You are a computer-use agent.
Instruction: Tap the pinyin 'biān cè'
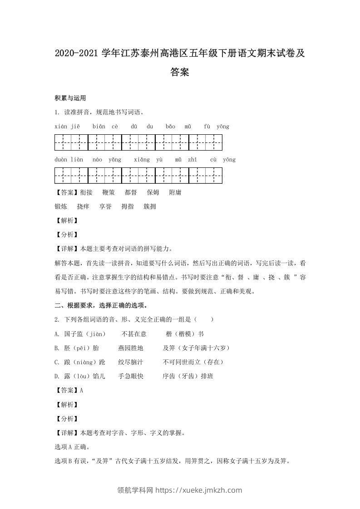coord(105,126)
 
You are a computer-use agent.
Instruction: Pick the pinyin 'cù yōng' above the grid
coord(223,160)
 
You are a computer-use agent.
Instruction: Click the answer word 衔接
coord(86,192)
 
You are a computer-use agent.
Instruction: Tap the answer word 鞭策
coord(109,192)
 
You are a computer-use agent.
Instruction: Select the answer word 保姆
coord(153,192)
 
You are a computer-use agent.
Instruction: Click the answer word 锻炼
coord(61,206)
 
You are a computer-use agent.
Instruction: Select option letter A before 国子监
coord(56,334)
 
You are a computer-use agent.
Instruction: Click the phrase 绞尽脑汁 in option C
coord(131,362)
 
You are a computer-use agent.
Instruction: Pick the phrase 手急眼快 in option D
coord(131,376)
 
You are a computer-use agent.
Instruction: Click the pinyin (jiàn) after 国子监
coord(95,334)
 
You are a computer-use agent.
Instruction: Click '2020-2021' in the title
coord(76,54)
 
